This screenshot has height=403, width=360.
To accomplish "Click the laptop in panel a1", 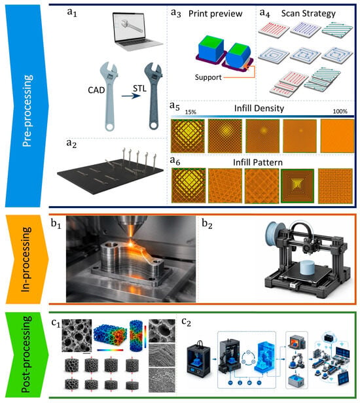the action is (x=137, y=31).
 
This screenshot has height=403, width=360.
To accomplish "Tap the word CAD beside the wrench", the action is (x=96, y=90).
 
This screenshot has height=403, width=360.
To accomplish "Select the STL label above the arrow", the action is (x=139, y=89).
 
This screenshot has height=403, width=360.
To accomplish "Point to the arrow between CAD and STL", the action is (x=131, y=96).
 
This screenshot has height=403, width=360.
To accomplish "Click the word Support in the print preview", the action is (x=208, y=77).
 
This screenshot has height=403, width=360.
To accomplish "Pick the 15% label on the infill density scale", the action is (x=190, y=112).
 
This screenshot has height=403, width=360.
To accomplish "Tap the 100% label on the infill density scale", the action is (x=340, y=111).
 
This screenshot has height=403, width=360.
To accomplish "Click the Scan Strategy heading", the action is (x=308, y=13).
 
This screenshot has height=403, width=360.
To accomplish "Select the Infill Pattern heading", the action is (x=258, y=162).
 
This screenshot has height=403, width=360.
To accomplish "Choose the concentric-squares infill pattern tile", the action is (x=298, y=186).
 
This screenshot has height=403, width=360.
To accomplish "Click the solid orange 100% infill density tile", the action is (x=337, y=136).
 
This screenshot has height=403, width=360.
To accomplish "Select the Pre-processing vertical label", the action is (x=27, y=111).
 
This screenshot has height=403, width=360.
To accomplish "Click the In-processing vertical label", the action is (x=26, y=259).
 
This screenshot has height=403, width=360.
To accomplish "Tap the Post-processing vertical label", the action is (x=26, y=355).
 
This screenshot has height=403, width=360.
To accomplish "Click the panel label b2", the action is (x=207, y=224).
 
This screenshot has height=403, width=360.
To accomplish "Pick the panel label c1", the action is (x=56, y=323).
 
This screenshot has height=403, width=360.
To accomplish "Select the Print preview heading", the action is (x=215, y=14).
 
